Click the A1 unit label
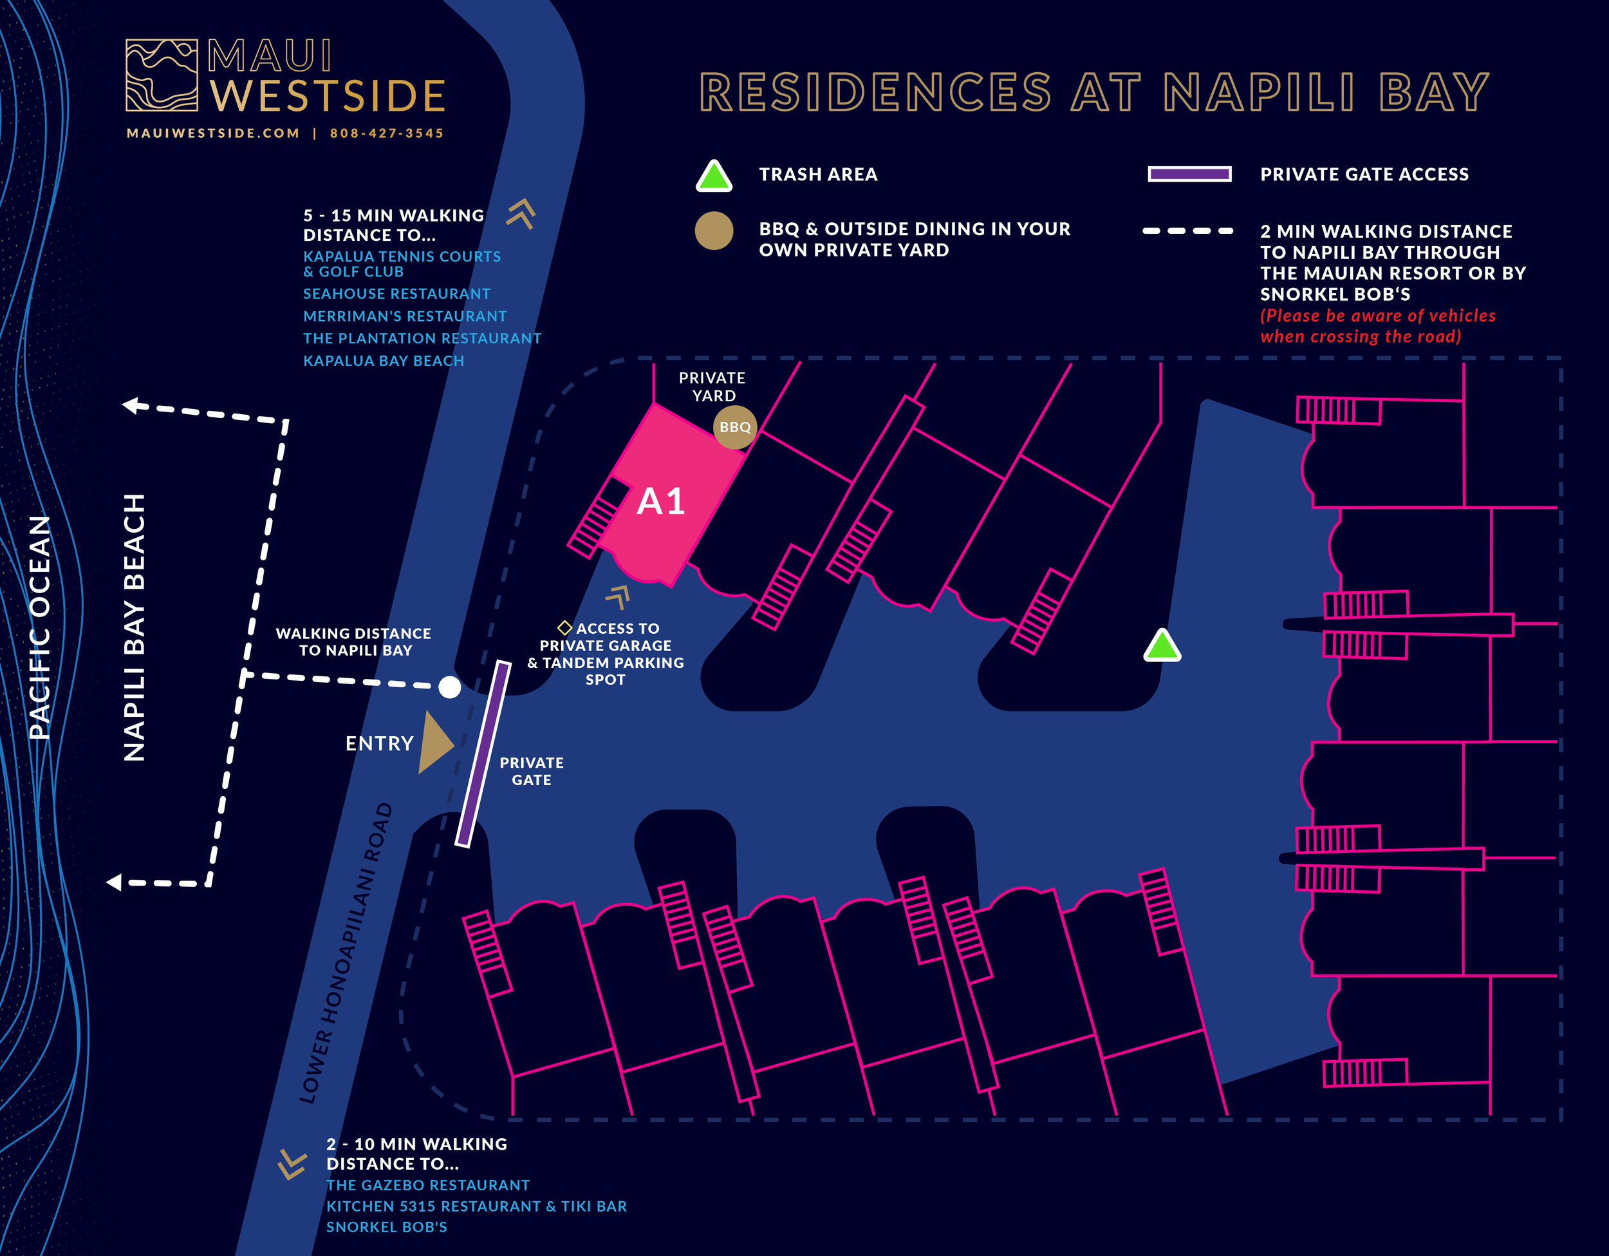[x=661, y=502]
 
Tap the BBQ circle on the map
[x=734, y=427]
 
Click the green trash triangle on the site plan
[x=1162, y=647]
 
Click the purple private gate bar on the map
[x=483, y=754]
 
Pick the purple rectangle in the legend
[x=1189, y=174]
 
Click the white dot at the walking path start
[x=449, y=687]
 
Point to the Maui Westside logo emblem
[x=162, y=75]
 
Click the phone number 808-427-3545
[x=387, y=133]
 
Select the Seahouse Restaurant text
[x=396, y=293]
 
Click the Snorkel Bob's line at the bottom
[x=386, y=1227]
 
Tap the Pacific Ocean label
[x=40, y=627]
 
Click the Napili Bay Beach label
[x=134, y=627]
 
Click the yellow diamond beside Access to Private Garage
[x=564, y=628]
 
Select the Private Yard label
[x=712, y=386]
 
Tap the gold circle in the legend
[x=714, y=231]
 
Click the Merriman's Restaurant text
[x=404, y=316]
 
